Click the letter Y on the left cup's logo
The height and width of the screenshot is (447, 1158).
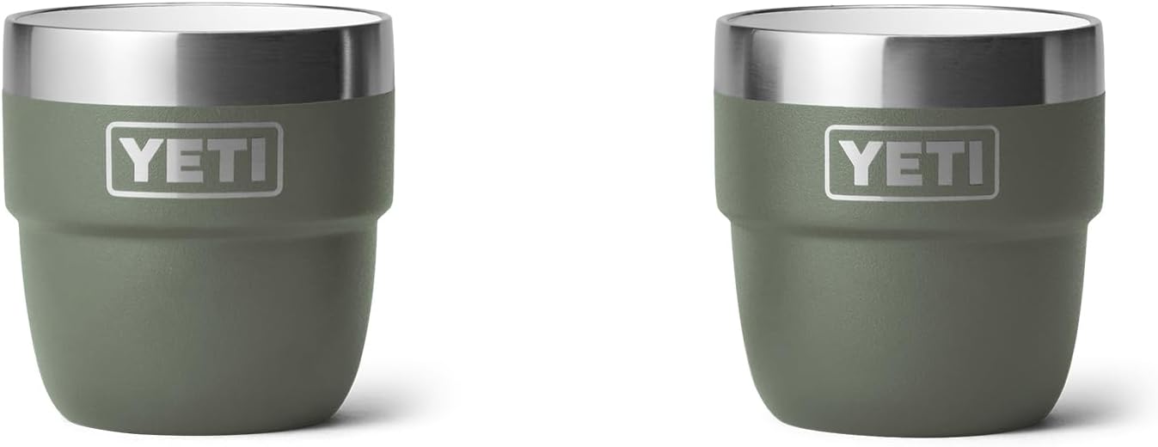141,159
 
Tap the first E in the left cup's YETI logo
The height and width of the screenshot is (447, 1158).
183,159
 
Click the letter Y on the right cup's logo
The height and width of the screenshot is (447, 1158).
859,162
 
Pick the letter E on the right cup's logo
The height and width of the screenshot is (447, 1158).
901,162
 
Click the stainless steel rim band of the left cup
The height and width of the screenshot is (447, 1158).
199,63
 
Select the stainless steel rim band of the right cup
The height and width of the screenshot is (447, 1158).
909,65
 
